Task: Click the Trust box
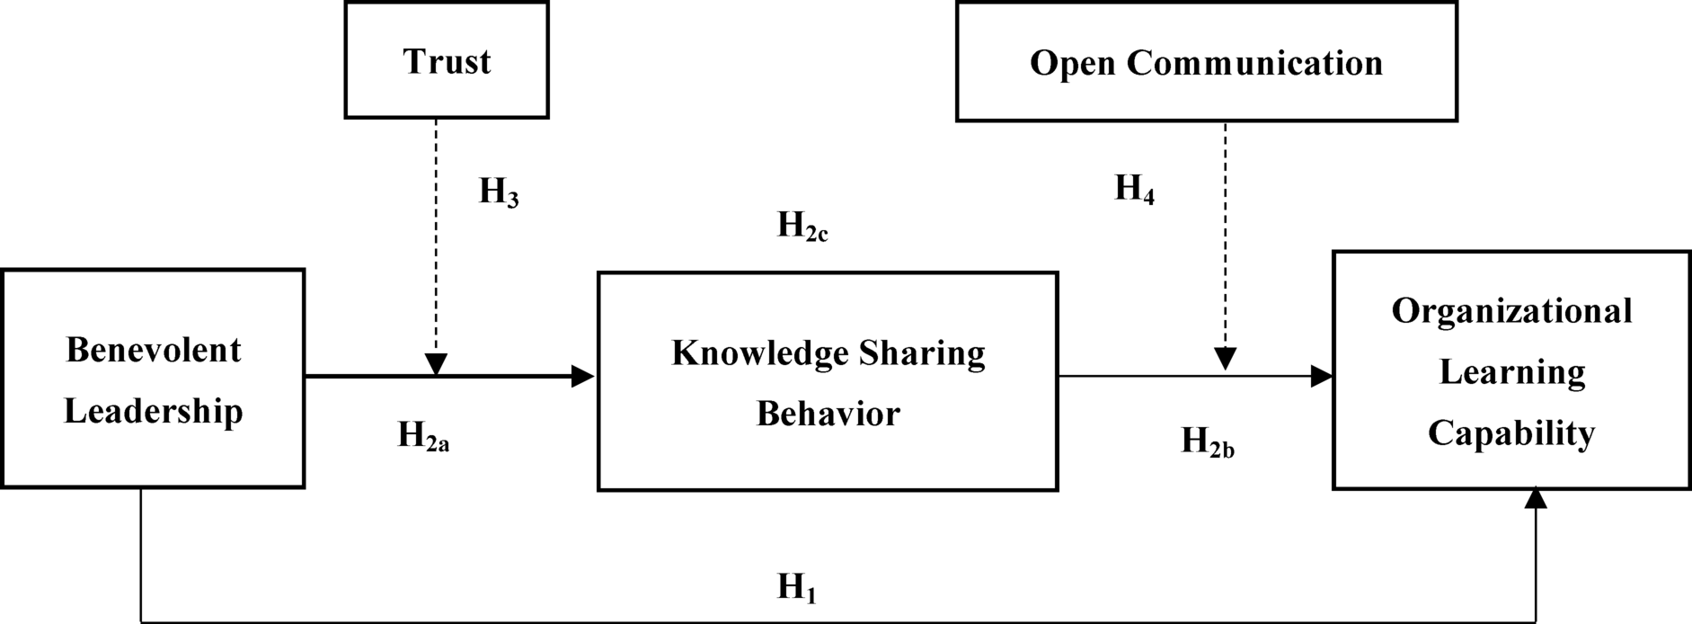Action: pos(447,61)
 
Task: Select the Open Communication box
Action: pos(1206,63)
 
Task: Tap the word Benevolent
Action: pos(154,350)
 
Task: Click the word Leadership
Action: pos(154,411)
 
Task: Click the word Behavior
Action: pos(828,414)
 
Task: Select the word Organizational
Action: pos(1511,311)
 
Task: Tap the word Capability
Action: pos(1511,433)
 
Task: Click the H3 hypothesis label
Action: pos(499,192)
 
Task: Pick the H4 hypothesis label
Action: pos(1134,189)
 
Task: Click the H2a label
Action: pos(423,436)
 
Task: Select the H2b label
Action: pos(1207,441)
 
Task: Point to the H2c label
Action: pos(802,226)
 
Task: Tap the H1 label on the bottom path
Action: pos(796,587)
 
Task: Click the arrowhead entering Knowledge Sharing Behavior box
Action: pos(583,376)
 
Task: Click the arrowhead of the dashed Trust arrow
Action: pos(436,364)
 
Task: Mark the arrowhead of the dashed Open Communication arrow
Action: pos(1225,359)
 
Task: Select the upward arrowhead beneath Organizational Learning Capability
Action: pos(1536,498)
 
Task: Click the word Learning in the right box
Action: pos(1511,372)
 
